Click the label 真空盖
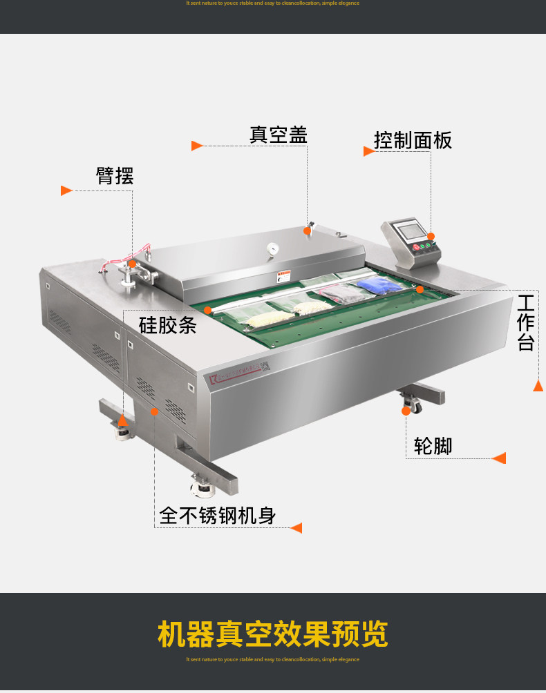point(278,135)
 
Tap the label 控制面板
point(413,140)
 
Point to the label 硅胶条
point(168,324)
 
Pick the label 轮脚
point(433,446)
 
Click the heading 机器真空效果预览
point(272,634)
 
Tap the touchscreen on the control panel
point(408,230)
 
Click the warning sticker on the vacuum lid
point(283,277)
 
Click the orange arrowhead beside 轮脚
point(498,458)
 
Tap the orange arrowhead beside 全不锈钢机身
point(296,528)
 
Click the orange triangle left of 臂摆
point(66,191)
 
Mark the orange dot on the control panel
point(431,236)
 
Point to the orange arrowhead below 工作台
point(538,386)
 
